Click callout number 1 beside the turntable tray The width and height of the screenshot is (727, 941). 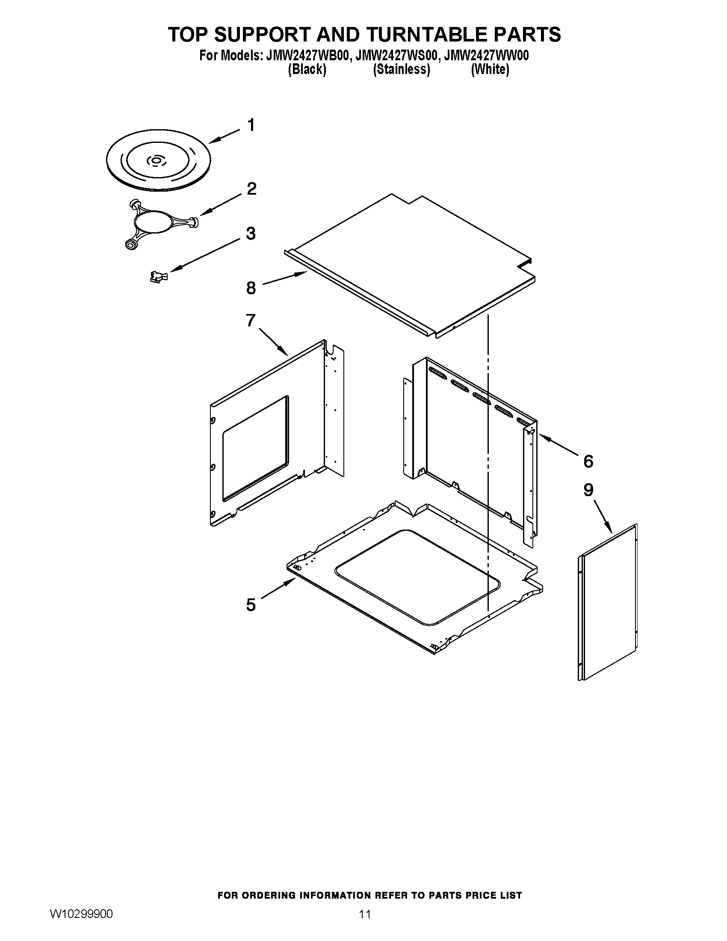251,125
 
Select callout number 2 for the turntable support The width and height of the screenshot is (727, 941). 251,188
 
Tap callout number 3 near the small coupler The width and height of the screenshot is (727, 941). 251,234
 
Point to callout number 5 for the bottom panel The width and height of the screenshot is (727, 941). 251,605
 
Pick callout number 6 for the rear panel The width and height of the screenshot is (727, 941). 588,461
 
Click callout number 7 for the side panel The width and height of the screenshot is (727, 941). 251,320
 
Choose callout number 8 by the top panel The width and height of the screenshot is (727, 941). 251,288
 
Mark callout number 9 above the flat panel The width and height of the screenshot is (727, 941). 588,490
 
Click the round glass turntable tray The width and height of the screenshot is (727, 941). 158,162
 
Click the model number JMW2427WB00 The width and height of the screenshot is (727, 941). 307,56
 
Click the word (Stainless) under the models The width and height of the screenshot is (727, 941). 402,69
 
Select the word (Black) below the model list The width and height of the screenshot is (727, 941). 307,69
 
